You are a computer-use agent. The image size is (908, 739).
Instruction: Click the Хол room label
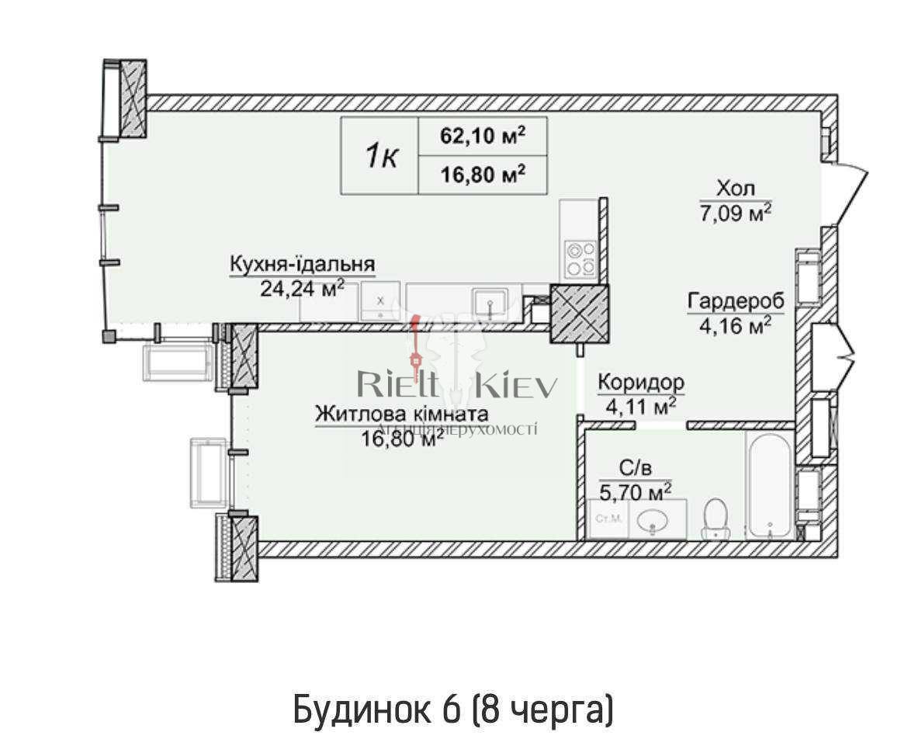point(735,189)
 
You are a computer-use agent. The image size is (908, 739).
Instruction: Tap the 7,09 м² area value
point(735,212)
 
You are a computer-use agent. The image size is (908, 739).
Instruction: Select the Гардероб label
point(735,301)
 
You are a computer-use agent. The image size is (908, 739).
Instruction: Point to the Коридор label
point(640,382)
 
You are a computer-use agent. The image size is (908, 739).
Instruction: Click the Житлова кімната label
point(401,414)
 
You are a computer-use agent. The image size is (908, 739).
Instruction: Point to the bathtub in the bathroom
point(768,484)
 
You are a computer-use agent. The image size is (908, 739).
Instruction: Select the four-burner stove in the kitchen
point(580,259)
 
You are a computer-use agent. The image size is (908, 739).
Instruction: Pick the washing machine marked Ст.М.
point(607,520)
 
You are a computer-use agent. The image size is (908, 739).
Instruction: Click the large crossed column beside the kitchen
point(579,314)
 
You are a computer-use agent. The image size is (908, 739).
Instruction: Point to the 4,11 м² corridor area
point(640,405)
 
